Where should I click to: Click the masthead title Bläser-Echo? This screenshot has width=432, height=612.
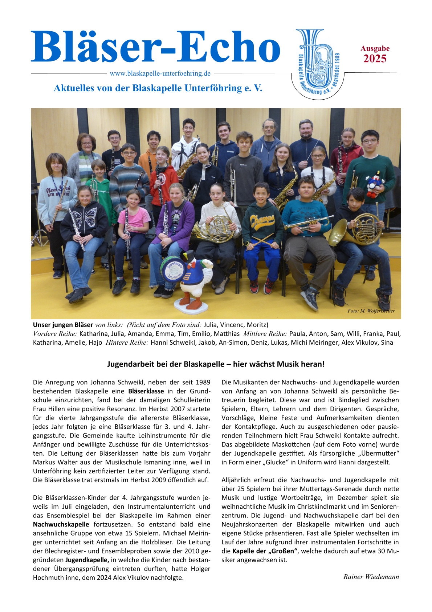click(x=155, y=47)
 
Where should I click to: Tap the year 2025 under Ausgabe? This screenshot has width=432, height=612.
click(x=375, y=59)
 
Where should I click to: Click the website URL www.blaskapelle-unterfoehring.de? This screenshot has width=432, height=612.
click(x=160, y=73)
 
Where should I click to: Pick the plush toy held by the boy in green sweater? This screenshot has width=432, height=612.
click(x=374, y=184)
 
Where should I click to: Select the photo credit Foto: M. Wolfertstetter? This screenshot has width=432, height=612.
click(x=371, y=311)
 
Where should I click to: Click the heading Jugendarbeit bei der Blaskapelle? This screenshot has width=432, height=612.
click(x=216, y=364)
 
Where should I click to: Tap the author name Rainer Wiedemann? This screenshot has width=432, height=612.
click(x=371, y=577)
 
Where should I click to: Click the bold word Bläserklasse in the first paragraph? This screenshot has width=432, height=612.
click(x=146, y=391)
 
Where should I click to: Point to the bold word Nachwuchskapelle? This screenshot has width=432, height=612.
click(x=61, y=524)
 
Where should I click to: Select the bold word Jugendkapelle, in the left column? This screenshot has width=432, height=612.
click(x=87, y=560)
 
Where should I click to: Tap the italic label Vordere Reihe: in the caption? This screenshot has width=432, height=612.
click(x=55, y=334)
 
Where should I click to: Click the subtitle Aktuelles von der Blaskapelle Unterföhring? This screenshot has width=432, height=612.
click(x=158, y=88)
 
